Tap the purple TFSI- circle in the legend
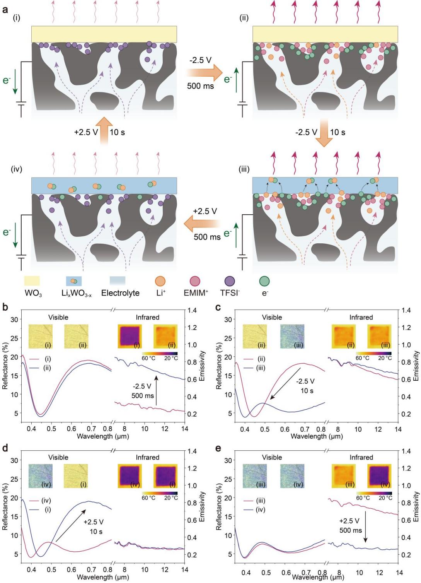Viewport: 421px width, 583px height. (230, 281)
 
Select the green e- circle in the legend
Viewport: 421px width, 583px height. (264, 281)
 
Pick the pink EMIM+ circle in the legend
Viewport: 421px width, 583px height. (195, 281)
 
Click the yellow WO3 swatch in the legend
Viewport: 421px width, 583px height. (32, 281)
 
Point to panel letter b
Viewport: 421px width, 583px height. (5, 308)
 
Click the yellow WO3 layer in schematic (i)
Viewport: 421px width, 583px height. (104, 34)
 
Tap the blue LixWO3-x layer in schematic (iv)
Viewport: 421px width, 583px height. (104, 185)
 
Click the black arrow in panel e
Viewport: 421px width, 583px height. (365, 530)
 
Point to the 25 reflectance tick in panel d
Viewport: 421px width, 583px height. (14, 479)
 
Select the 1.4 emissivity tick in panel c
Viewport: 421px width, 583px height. (406, 310)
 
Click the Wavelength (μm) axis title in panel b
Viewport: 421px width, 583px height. (103, 436)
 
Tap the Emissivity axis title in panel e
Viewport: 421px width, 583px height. (416, 506)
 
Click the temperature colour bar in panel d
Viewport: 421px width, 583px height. (160, 493)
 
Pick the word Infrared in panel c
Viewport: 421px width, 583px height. (361, 317)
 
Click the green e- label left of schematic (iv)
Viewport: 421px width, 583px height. (7, 232)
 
